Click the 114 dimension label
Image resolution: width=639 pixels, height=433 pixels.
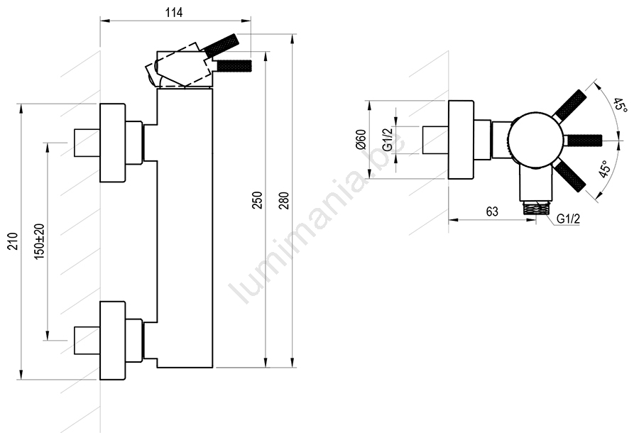coord(174,12)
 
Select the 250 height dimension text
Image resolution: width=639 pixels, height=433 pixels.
coord(258,199)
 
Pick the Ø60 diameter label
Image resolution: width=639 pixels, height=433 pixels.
coord(361,139)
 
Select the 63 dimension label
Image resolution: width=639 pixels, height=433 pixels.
coord(492,212)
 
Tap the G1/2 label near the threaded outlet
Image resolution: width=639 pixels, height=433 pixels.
coord(568,219)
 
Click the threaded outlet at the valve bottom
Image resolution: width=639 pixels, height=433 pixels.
coord(536,208)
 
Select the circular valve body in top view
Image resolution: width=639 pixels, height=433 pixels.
coord(536,139)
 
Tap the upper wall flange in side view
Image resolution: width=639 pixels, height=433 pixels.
coord(113,143)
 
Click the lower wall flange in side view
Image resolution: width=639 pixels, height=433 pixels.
coord(113,341)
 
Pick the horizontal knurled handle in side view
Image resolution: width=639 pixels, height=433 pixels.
coord(234,65)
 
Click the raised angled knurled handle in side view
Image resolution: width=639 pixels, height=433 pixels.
coord(222,45)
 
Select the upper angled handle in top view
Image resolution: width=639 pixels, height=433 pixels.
coord(570,106)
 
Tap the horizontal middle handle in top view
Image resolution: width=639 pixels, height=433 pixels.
coord(582,140)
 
